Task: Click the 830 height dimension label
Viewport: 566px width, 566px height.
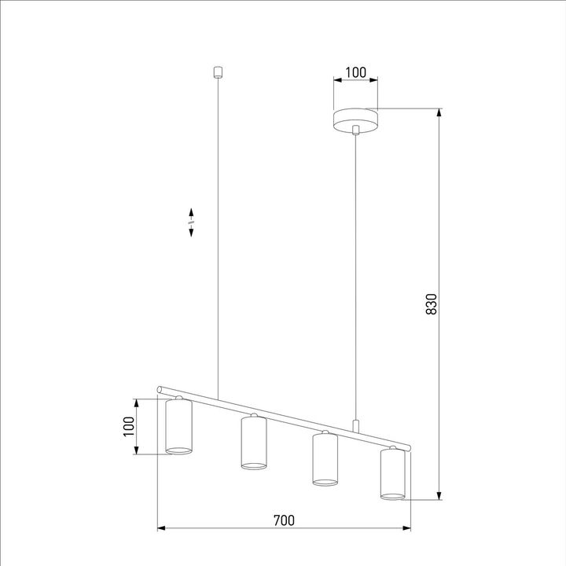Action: click(430, 304)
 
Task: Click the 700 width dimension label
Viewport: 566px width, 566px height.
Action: click(284, 520)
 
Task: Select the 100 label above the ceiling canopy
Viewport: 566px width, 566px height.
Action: click(356, 72)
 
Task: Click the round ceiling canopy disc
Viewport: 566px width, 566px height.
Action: click(356, 119)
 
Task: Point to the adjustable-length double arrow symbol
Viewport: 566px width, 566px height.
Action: click(191, 222)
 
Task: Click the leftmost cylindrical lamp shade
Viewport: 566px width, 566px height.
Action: click(178, 428)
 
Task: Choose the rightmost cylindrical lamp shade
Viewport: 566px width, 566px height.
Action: click(393, 475)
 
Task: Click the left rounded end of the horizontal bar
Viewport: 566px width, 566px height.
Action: click(160, 389)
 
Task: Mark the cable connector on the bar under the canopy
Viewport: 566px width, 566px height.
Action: click(356, 426)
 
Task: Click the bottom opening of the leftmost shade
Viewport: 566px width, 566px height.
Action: click(178, 450)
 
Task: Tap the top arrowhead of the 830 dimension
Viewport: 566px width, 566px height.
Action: click(437, 111)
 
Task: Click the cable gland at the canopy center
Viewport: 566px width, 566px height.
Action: click(356, 129)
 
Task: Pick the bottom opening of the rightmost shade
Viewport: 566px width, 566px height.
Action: click(393, 495)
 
